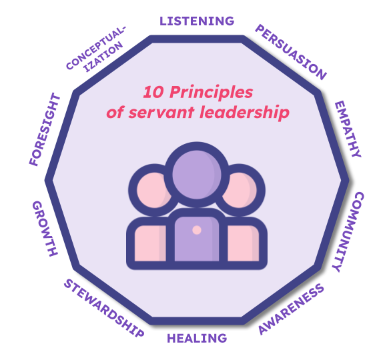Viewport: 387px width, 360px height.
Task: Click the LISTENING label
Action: (197, 21)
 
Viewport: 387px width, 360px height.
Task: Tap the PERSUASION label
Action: (291, 53)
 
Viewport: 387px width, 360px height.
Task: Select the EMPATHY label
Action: (348, 129)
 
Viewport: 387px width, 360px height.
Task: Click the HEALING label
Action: (197, 338)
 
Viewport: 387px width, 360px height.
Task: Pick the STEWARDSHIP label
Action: (103, 308)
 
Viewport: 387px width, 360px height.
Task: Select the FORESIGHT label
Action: (45, 129)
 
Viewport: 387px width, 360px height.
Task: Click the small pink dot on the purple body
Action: (196, 230)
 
